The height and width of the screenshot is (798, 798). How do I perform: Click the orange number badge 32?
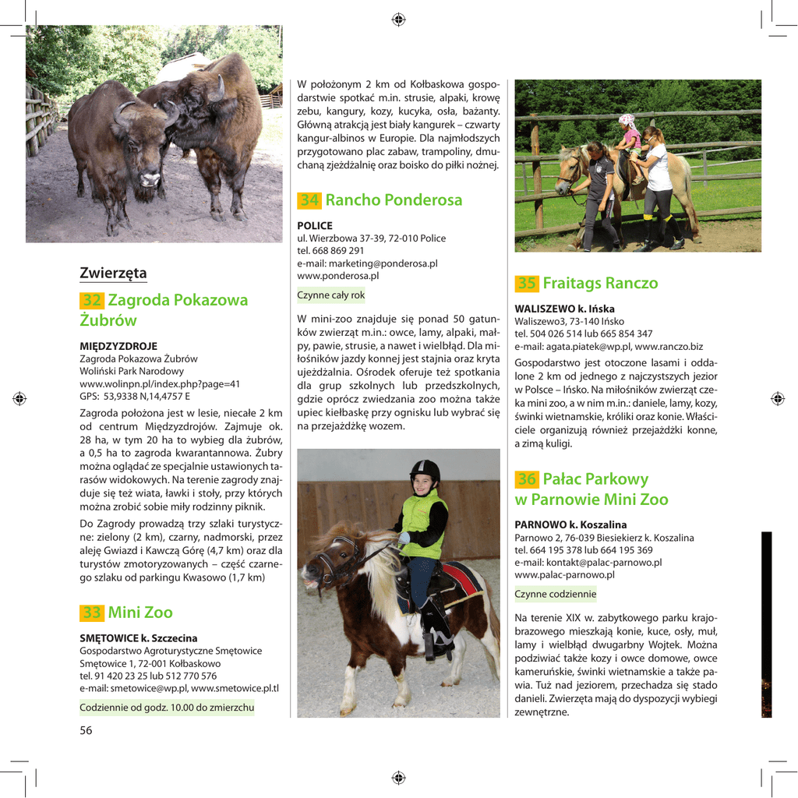[x=92, y=300]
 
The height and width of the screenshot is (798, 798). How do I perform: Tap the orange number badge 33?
[x=92, y=613]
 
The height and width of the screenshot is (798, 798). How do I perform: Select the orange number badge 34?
[x=309, y=200]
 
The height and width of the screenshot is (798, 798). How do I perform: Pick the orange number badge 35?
[x=527, y=284]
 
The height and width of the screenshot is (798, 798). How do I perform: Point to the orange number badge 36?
[x=527, y=479]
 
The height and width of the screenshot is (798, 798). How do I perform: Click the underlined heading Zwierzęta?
[x=113, y=274]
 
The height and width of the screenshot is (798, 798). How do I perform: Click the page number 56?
[x=86, y=730]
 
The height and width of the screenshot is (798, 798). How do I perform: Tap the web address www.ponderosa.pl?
[x=338, y=275]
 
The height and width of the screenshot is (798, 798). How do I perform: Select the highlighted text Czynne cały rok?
[x=331, y=295]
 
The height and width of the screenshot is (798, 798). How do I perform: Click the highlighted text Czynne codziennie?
[x=555, y=594]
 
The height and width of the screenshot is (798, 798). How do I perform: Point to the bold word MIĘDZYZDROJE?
[x=118, y=346]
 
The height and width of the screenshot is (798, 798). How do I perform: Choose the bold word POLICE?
[x=315, y=225]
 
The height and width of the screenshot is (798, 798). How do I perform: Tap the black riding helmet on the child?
[x=425, y=470]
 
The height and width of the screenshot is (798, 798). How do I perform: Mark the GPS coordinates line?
[x=135, y=396]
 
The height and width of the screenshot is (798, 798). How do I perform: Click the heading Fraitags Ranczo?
[x=600, y=284]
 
